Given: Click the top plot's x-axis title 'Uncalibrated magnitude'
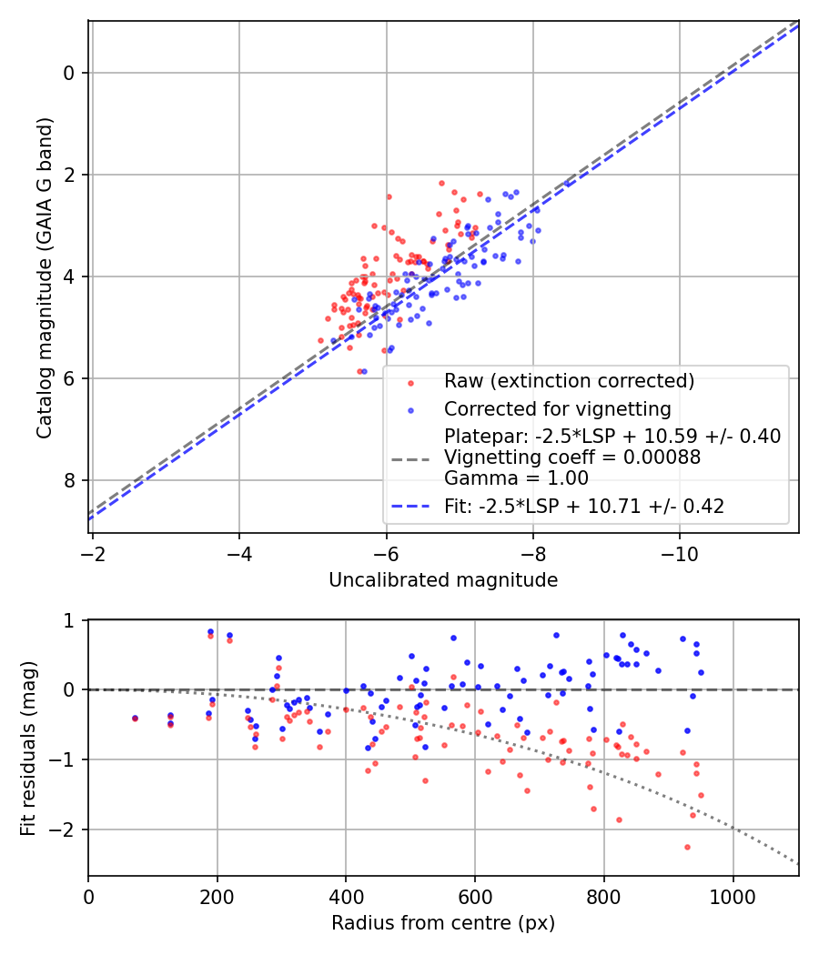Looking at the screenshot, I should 443,580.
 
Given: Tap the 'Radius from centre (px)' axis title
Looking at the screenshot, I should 443,923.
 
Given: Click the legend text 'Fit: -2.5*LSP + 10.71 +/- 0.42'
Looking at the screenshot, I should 584,507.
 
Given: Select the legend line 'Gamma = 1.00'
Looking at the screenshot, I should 516,478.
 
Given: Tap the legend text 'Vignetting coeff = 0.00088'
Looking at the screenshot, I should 572,457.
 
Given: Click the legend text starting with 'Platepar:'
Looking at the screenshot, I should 612,437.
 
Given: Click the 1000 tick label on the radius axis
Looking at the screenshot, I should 733,896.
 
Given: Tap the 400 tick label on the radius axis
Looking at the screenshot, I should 346,896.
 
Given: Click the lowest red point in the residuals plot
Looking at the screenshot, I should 687,847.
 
